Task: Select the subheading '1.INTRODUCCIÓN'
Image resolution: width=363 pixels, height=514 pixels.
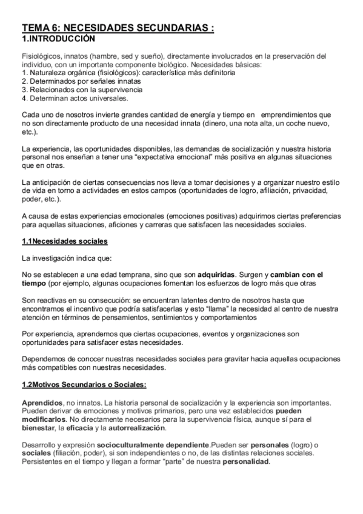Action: coord(58,38)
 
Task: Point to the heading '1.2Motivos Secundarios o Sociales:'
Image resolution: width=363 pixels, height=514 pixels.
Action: coord(84,385)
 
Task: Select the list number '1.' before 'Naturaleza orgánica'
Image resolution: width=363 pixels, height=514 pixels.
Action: coord(24,73)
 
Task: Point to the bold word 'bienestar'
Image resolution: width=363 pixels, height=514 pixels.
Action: coord(40,427)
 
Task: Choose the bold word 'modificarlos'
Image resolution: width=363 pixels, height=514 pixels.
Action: coord(45,419)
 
